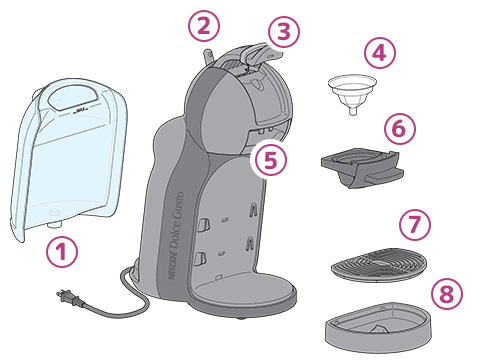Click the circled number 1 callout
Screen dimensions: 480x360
(x=62, y=252)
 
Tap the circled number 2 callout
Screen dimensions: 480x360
(x=204, y=26)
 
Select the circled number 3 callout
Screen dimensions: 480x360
(x=284, y=32)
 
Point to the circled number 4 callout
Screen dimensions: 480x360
(x=380, y=53)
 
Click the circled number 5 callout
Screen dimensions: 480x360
(x=270, y=159)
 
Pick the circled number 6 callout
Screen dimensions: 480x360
(x=400, y=128)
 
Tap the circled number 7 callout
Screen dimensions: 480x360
(x=415, y=224)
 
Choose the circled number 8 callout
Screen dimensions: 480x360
(x=447, y=294)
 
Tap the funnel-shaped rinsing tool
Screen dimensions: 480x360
(x=352, y=94)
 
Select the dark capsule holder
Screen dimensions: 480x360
(x=362, y=167)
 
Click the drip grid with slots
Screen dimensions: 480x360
(x=379, y=264)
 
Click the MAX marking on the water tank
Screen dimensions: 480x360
(x=81, y=110)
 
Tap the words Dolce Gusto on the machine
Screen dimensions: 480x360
(x=176, y=220)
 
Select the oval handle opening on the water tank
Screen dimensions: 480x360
(x=73, y=96)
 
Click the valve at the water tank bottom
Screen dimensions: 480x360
(x=54, y=222)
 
